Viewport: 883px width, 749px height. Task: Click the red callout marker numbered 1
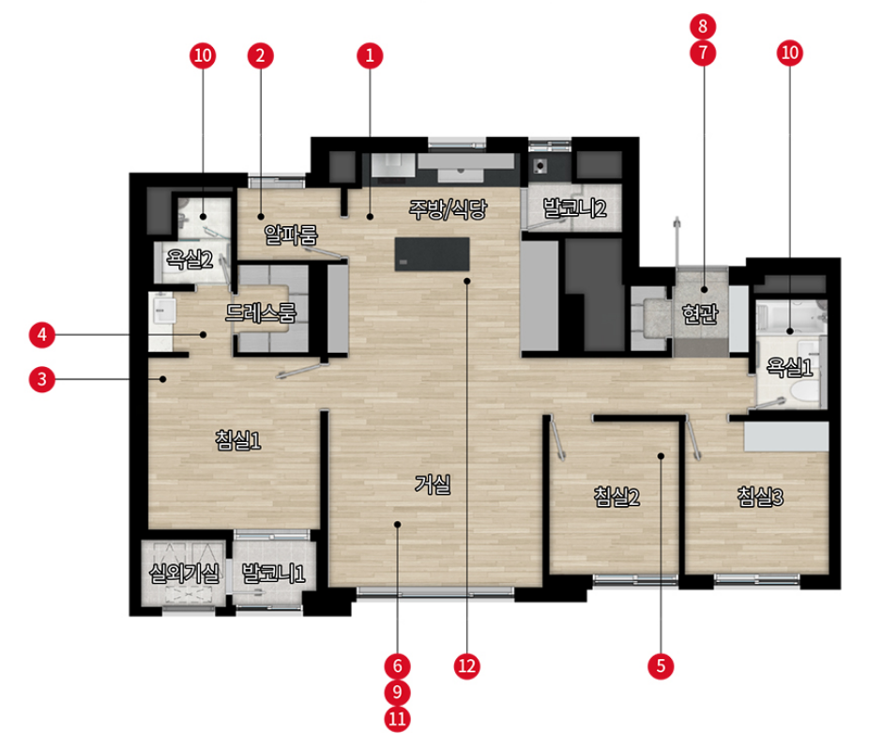(x=370, y=55)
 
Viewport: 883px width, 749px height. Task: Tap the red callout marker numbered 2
(x=260, y=55)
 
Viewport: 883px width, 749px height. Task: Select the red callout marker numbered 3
(x=41, y=379)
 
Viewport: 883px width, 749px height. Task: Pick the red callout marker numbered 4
(x=41, y=334)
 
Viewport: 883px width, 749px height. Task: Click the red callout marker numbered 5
(x=661, y=666)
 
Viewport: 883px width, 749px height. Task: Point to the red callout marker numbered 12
(x=467, y=666)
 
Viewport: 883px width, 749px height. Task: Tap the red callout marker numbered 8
(x=703, y=26)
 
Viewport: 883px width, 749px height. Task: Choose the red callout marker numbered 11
(x=397, y=719)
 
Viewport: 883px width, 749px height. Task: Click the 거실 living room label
(x=433, y=483)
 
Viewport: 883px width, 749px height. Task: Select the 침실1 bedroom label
(x=237, y=440)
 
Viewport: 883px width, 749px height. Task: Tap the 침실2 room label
(x=617, y=497)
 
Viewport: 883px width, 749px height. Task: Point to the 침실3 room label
(x=760, y=497)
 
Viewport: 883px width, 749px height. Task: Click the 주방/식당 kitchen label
(x=448, y=209)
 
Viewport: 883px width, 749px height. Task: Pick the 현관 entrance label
(x=700, y=313)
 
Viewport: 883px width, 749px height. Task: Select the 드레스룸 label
(x=260, y=313)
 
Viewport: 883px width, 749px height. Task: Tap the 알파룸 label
(x=291, y=235)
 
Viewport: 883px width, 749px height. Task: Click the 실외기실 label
(x=184, y=573)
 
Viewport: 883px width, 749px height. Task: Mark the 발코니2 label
(x=574, y=208)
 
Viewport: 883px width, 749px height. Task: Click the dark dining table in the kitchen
(x=432, y=254)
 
